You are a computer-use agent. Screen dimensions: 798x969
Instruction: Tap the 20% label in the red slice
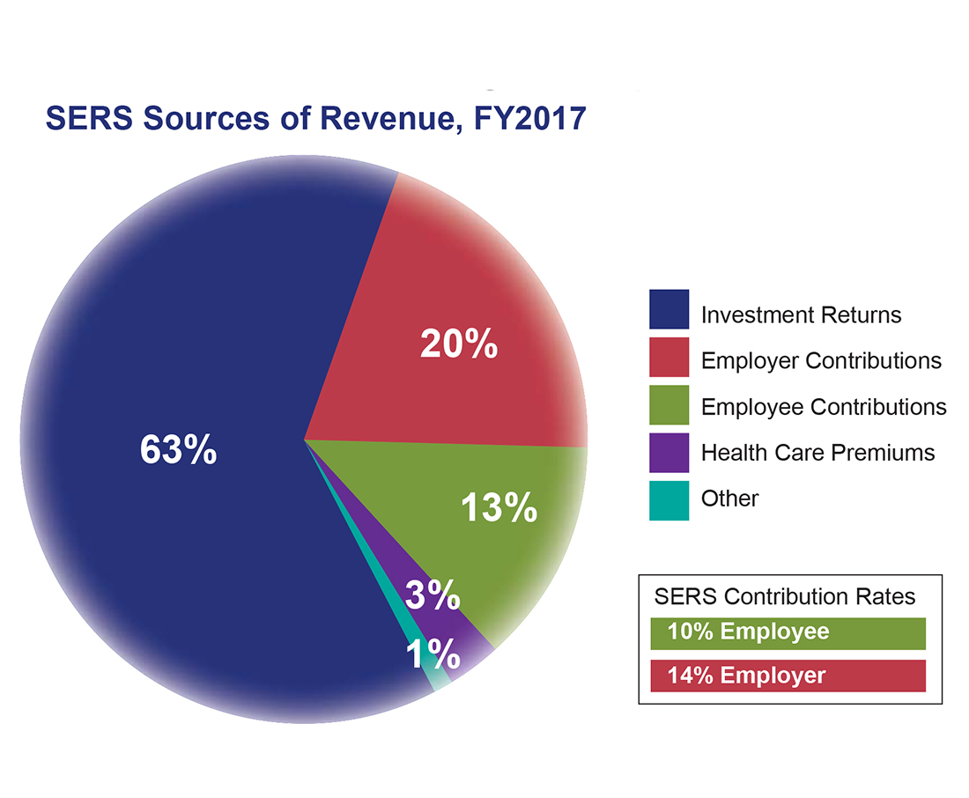pyautogui.click(x=458, y=344)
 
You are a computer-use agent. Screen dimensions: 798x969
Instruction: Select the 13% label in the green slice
pyautogui.click(x=499, y=508)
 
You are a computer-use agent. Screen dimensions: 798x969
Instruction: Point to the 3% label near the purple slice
pyautogui.click(x=433, y=596)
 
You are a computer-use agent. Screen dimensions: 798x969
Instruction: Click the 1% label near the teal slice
pyautogui.click(x=433, y=654)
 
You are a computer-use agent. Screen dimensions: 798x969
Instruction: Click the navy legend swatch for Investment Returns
pyautogui.click(x=669, y=309)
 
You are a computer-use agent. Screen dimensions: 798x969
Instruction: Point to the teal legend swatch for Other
pyautogui.click(x=669, y=499)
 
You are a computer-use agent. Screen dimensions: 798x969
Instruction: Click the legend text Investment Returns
pyautogui.click(x=801, y=314)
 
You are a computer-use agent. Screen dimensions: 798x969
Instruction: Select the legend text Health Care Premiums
pyautogui.click(x=817, y=453)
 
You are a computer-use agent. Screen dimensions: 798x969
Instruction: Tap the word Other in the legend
pyautogui.click(x=729, y=499)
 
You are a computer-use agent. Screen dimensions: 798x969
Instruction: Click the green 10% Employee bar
pyautogui.click(x=788, y=632)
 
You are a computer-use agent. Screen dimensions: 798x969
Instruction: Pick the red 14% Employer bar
pyautogui.click(x=788, y=676)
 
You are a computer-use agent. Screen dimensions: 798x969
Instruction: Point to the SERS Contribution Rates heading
pyautogui.click(x=784, y=596)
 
